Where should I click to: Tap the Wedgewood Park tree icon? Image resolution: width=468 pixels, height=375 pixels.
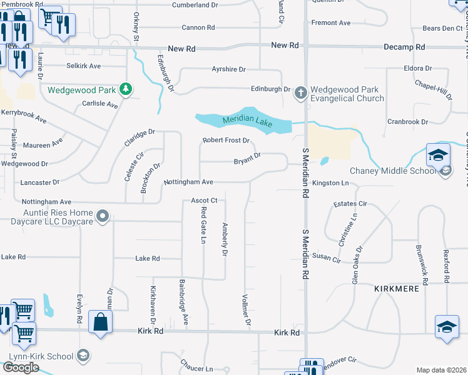tap(126, 89)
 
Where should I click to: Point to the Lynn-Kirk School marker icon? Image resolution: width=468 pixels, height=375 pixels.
tap(82, 355)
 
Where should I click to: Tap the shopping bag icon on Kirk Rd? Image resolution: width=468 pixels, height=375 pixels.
tap(101, 322)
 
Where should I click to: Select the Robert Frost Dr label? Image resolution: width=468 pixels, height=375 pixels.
tap(226, 141)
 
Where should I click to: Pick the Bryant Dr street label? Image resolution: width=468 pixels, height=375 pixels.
tap(247, 161)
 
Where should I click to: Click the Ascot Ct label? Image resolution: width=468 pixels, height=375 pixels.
tap(205, 201)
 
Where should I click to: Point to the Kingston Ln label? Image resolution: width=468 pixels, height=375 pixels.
tap(330, 183)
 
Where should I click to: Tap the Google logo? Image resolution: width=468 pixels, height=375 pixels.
tap(20, 367)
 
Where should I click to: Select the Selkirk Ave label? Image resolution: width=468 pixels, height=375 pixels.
tap(84, 66)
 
